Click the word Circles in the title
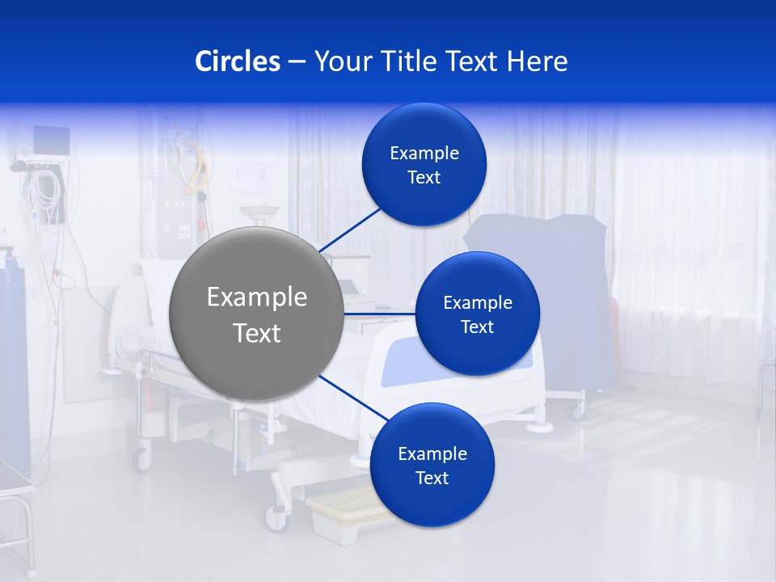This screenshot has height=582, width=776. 238,61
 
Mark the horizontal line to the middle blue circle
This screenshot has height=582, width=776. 380,313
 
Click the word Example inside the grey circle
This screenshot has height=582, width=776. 256,297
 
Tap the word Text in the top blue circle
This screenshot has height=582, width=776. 424,178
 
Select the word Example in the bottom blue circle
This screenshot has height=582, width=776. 432,453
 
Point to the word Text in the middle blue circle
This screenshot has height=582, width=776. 477,327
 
